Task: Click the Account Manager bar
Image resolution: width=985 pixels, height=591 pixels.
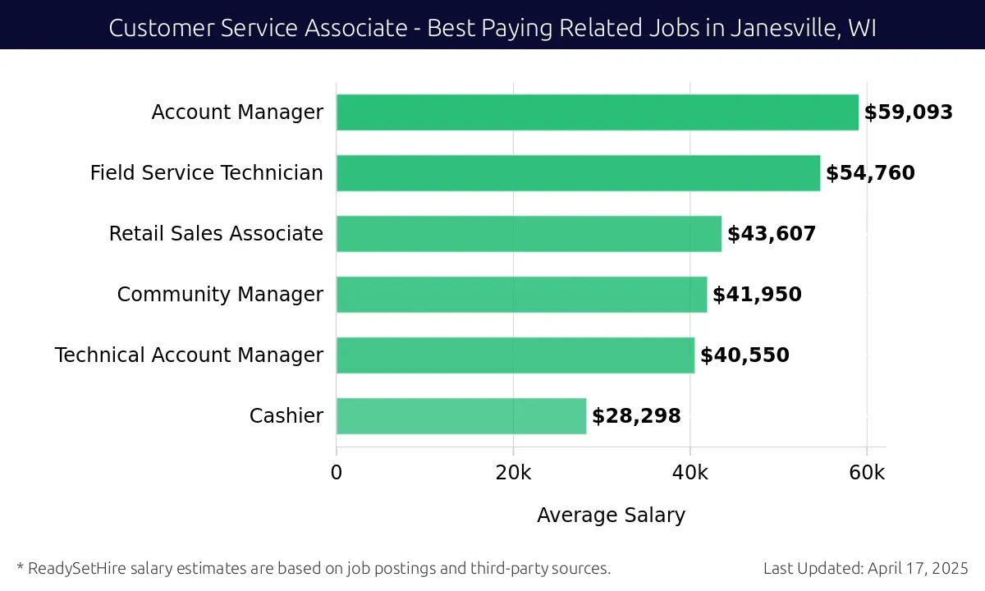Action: tap(598, 112)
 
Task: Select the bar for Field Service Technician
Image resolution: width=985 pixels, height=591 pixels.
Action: tap(578, 173)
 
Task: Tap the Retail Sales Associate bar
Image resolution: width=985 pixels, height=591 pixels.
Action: tap(529, 234)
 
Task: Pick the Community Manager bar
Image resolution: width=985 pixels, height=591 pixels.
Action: tap(521, 295)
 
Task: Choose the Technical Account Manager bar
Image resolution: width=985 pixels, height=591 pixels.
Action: tap(515, 355)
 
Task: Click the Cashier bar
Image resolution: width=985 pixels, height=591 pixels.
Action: tap(461, 416)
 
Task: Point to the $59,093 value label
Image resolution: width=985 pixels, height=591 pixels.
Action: tap(908, 112)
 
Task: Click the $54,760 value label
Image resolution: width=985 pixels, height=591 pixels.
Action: tap(870, 173)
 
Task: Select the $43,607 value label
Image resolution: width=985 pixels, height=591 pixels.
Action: tap(772, 234)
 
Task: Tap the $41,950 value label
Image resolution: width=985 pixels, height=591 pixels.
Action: tap(757, 295)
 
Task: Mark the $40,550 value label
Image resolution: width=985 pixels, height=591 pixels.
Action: tap(744, 355)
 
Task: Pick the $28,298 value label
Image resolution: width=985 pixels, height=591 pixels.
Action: tap(636, 416)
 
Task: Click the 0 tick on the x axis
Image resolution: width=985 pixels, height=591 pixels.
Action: tap(337, 473)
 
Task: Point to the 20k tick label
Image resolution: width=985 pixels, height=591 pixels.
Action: tap(513, 473)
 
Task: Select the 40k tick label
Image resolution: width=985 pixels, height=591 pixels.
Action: tap(690, 473)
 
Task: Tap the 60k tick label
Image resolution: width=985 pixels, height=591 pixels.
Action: tap(867, 473)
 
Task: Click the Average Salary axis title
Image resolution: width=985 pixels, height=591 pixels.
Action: tap(611, 515)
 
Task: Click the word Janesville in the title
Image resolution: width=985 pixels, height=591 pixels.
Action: tap(772, 28)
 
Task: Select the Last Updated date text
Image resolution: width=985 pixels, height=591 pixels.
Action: tap(866, 568)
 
